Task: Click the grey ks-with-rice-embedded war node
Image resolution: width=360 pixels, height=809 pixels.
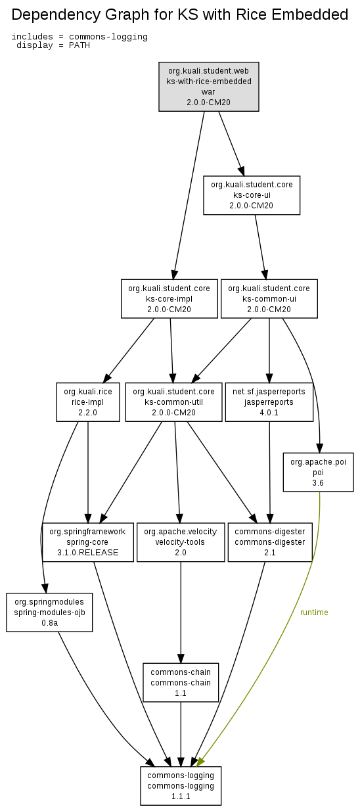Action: [x=209, y=87]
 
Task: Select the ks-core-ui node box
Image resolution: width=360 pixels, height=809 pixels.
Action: [x=252, y=195]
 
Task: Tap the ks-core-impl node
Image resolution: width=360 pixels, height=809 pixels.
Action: [x=169, y=298]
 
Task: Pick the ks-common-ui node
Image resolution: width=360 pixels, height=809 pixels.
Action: [x=269, y=298]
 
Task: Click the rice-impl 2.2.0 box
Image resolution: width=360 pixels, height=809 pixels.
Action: [x=88, y=402]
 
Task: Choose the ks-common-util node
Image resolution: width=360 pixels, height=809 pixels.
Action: [x=173, y=402]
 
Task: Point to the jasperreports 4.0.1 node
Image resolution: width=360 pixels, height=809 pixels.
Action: [x=269, y=402]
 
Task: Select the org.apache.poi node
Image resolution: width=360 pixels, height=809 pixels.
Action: [x=318, y=472]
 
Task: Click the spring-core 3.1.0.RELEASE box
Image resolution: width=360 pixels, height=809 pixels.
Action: [x=88, y=542]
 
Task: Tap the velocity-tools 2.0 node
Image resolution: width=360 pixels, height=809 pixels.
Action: [x=181, y=542]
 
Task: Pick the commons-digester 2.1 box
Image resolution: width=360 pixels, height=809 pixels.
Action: [x=270, y=542]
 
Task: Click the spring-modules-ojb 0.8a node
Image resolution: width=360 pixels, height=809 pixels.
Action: [x=49, y=612]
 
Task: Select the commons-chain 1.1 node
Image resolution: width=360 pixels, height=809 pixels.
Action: [x=181, y=682]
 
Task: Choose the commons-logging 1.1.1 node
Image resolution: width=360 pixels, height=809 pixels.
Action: [x=181, y=786]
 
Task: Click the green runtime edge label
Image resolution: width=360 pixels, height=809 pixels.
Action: [x=314, y=612]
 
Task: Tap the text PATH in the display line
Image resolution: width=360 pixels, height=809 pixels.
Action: [x=79, y=45]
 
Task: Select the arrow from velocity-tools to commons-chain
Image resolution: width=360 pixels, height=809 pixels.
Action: [x=181, y=612]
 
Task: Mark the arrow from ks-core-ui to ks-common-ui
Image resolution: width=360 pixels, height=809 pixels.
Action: [x=260, y=247]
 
